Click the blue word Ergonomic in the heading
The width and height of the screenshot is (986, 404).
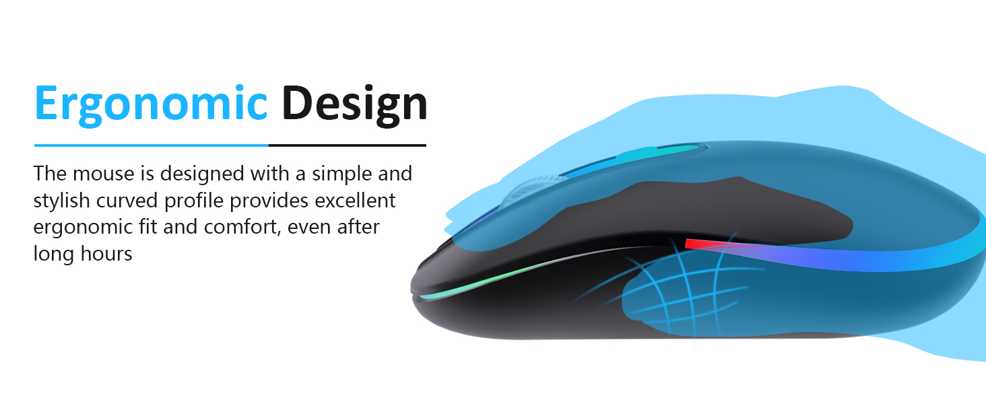click(x=151, y=104)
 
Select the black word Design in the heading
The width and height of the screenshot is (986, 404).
click(x=354, y=104)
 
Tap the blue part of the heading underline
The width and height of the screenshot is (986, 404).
click(x=151, y=145)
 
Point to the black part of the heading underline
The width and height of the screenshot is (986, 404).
click(x=348, y=145)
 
